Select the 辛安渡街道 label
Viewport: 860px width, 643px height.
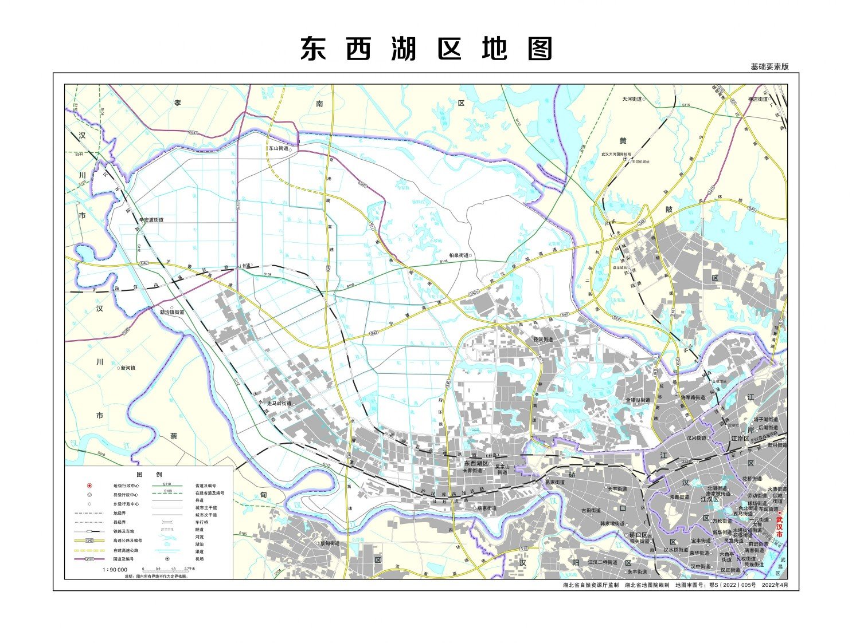click(147, 219)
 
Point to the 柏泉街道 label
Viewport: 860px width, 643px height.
click(459, 255)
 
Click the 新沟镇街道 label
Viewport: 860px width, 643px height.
click(172, 312)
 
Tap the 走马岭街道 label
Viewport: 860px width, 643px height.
click(275, 403)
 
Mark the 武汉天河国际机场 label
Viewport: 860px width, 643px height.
click(616, 154)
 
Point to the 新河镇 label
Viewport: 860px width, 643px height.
click(127, 368)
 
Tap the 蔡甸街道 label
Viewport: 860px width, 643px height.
click(329, 543)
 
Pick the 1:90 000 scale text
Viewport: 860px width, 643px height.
click(115, 570)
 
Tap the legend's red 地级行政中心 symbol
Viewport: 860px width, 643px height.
click(89, 486)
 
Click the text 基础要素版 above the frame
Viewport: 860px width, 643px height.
click(769, 66)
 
